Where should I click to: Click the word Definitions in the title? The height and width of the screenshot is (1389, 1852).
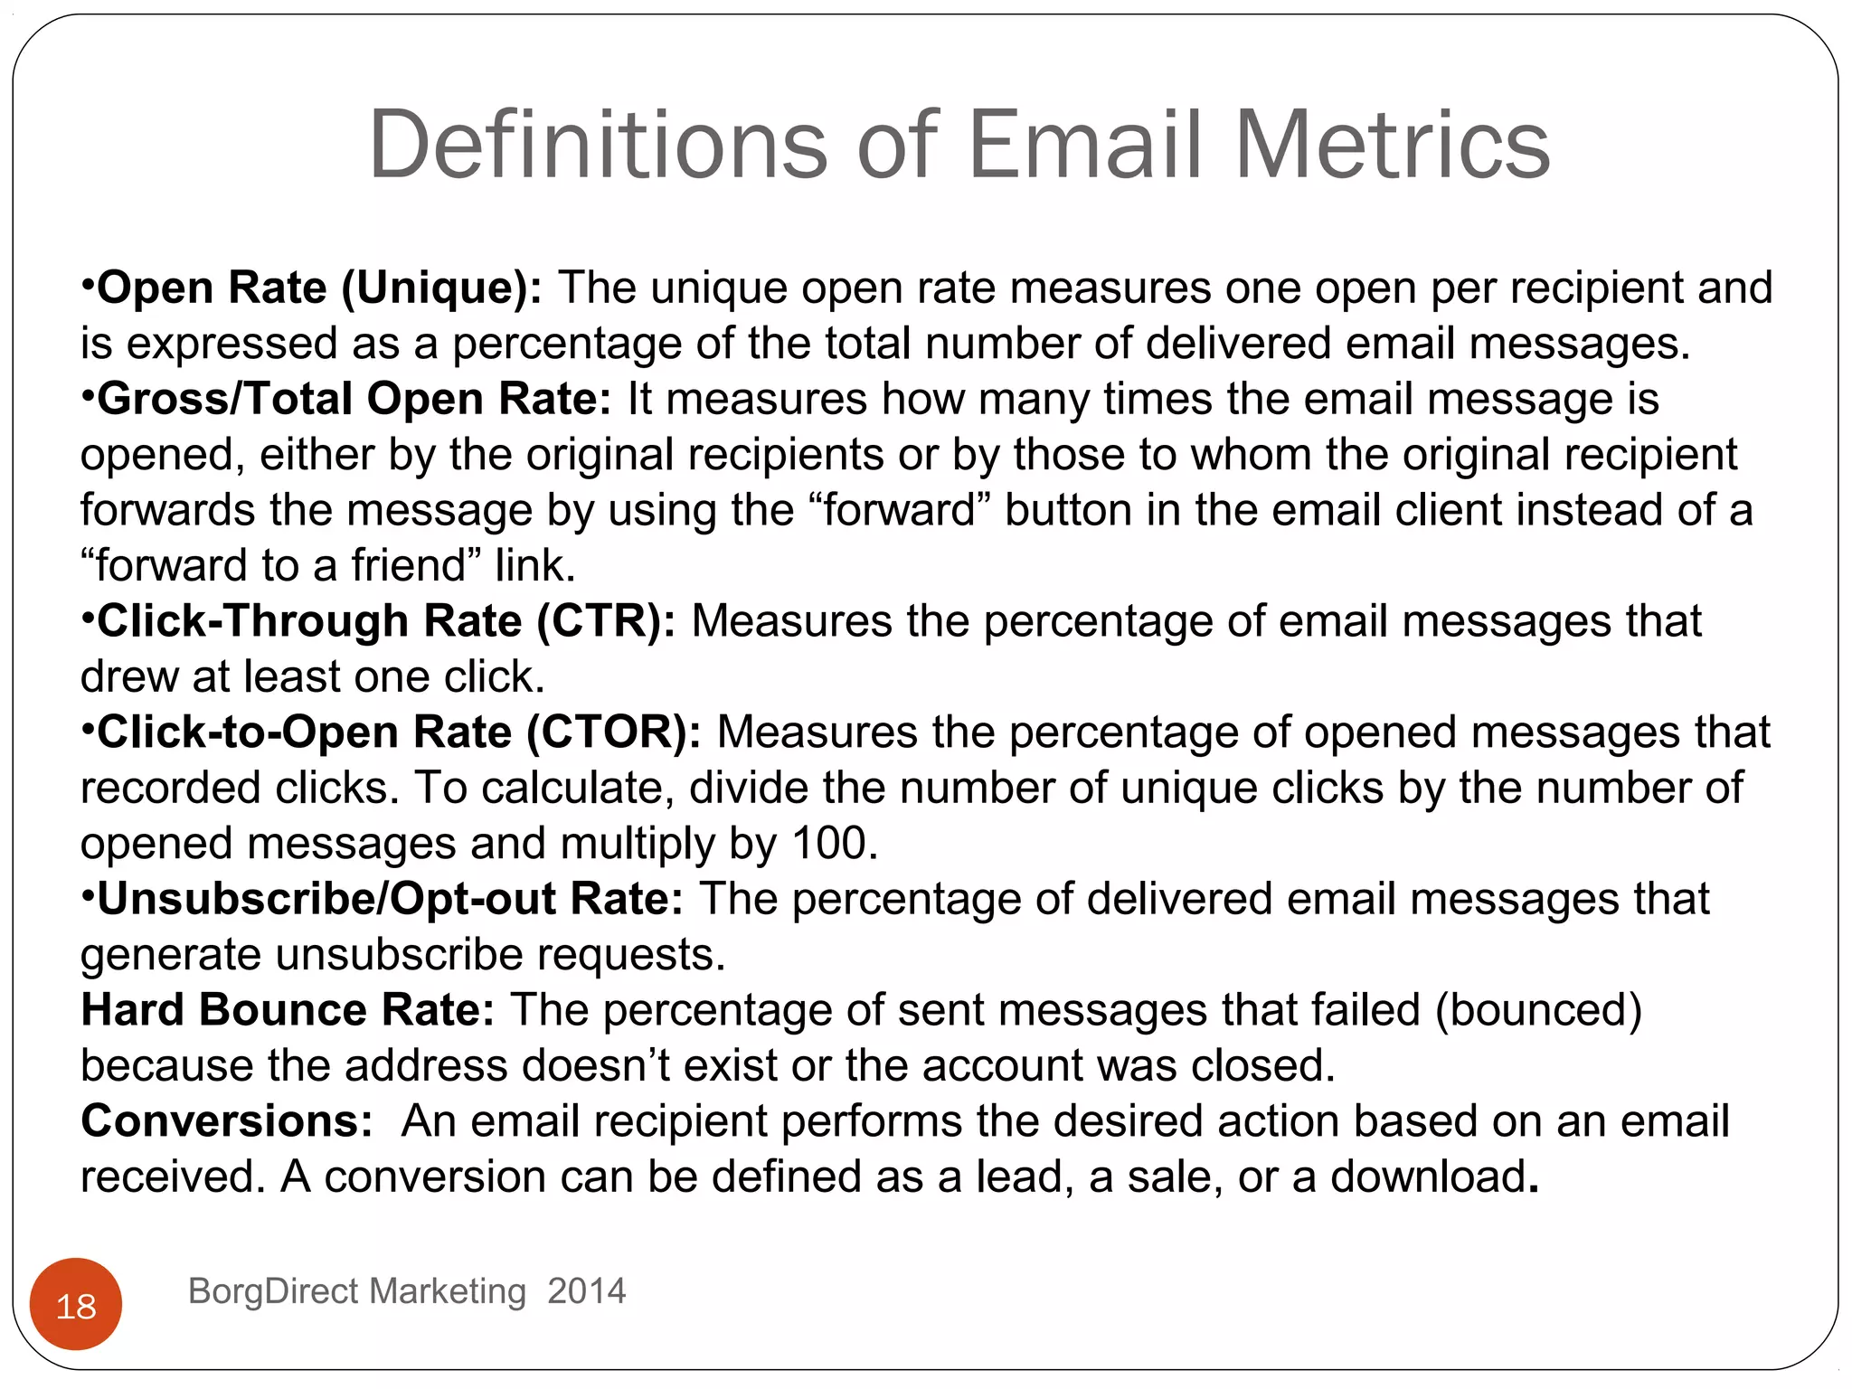pos(598,145)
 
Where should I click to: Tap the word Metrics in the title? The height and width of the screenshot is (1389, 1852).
pos(1392,145)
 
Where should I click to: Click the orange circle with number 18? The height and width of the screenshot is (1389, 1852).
pos(76,1305)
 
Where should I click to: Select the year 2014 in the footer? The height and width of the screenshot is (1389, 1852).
pos(587,1290)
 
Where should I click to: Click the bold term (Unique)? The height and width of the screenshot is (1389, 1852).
pos(441,288)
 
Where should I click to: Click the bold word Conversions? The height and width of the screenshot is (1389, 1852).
pos(227,1120)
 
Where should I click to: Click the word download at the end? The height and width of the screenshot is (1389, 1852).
pos(1429,1176)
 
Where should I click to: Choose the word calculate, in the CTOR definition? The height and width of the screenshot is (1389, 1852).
pos(578,788)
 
